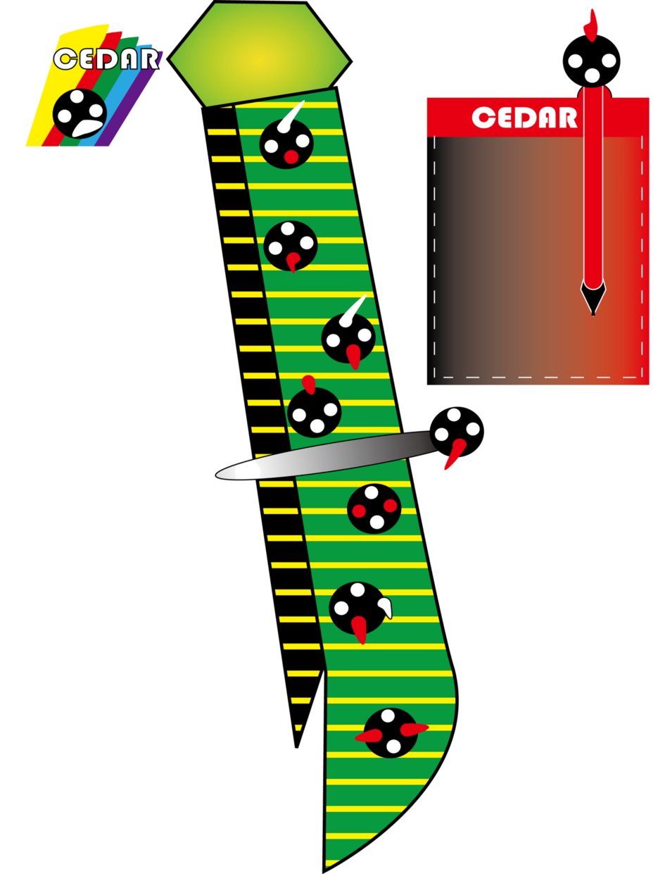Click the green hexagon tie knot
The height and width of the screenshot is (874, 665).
(x=260, y=54)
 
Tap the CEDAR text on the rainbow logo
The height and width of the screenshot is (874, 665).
(x=106, y=59)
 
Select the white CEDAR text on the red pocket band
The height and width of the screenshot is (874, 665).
(x=524, y=118)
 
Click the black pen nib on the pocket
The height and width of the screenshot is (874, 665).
(x=593, y=297)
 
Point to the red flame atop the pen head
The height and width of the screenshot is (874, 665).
(x=591, y=26)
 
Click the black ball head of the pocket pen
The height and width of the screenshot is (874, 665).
(x=591, y=61)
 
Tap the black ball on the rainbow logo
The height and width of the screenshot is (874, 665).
(x=80, y=113)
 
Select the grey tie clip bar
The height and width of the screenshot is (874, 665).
(x=326, y=455)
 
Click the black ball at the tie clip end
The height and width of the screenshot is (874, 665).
(x=457, y=432)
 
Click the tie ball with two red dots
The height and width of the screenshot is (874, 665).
(x=374, y=508)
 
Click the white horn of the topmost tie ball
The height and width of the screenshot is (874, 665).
(x=291, y=117)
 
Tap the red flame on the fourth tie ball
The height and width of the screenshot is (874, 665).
(x=309, y=385)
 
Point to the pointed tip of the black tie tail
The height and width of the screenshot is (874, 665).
(x=296, y=748)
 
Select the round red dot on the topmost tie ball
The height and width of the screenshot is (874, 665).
(x=291, y=156)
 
